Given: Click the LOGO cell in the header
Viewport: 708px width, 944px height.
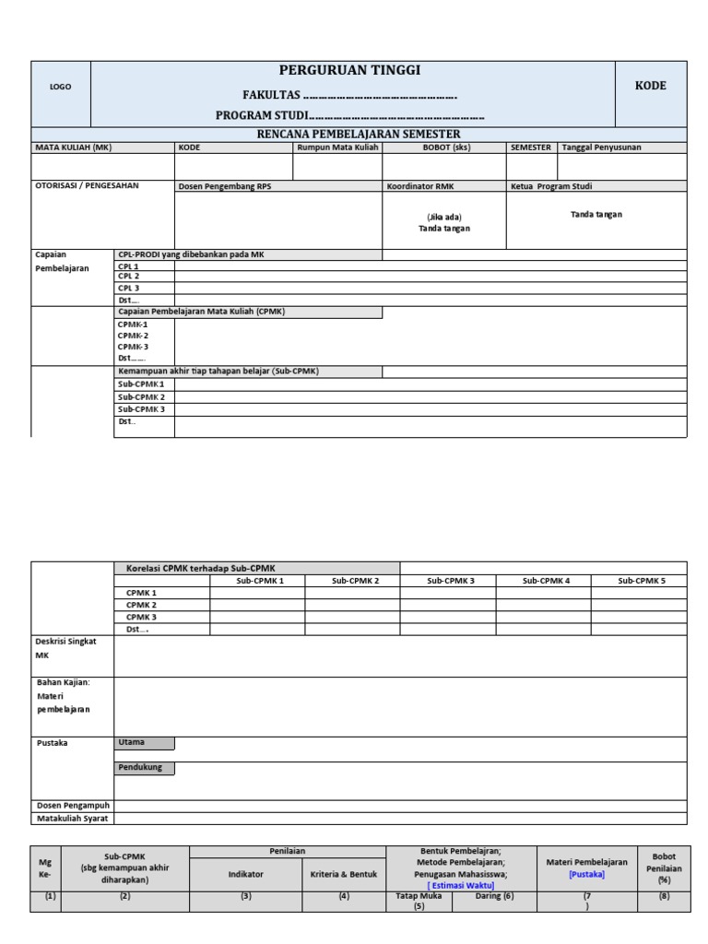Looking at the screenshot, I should [x=61, y=87].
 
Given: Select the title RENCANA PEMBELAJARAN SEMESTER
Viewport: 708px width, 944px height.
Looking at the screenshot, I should [x=359, y=134].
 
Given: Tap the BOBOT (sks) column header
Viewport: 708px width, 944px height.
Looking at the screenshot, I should [x=446, y=147].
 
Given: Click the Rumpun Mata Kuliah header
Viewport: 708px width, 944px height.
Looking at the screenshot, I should [x=337, y=147].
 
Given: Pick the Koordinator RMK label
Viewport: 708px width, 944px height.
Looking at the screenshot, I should [x=420, y=186].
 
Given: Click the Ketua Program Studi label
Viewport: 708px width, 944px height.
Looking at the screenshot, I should [x=552, y=186].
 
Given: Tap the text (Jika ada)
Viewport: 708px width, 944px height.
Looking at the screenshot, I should [x=443, y=217].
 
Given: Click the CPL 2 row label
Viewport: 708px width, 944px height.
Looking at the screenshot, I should [x=128, y=277].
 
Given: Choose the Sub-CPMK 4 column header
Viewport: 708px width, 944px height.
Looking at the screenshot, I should [x=546, y=581].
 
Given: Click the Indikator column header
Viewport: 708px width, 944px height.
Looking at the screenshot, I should [x=246, y=872].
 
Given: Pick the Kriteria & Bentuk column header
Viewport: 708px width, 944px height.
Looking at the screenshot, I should [x=343, y=872].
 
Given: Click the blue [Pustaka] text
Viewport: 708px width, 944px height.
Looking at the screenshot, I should [x=586, y=874].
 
